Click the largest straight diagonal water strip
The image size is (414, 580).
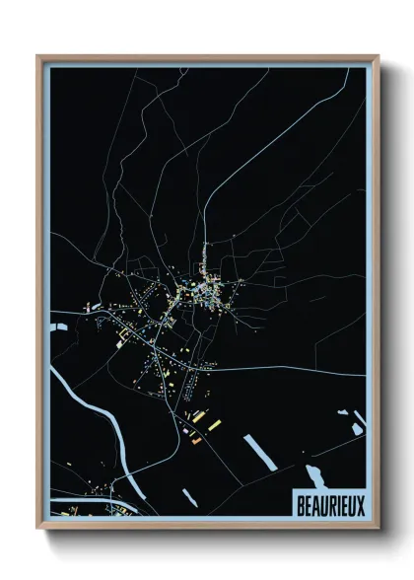tap(259, 452)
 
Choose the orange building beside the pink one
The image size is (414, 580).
tap(196, 440)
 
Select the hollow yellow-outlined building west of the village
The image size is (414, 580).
tap(125, 337)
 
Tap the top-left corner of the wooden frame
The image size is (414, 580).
tap(38, 56)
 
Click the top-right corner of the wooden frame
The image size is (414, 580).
tap(378, 56)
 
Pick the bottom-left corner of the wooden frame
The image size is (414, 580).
tap(38, 529)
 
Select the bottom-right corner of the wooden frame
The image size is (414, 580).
tap(378, 529)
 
